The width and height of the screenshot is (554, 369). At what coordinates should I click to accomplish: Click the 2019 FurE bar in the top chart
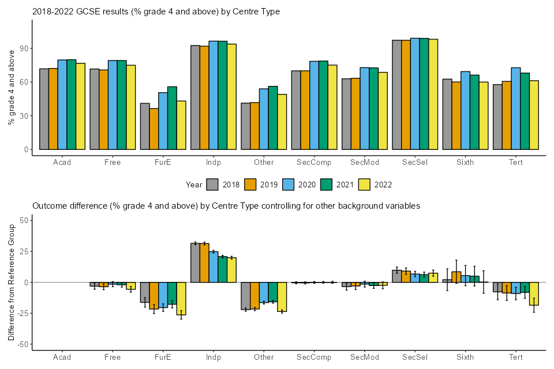coord(154,129)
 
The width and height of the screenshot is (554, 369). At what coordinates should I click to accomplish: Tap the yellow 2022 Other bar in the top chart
coord(282,122)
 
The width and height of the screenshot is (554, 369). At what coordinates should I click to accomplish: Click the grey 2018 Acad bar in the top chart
coord(44,109)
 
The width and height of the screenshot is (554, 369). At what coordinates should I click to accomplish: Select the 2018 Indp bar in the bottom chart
coord(195,263)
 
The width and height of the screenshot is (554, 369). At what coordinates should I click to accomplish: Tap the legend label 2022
coord(383,184)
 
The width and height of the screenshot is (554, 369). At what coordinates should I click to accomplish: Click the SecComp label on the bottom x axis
coord(314,357)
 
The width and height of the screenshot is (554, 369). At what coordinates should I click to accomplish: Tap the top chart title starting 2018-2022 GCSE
coord(156,12)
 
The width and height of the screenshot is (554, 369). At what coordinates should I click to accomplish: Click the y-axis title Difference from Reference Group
coord(11,283)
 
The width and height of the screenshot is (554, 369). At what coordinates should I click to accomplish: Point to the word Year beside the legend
coord(194,184)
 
